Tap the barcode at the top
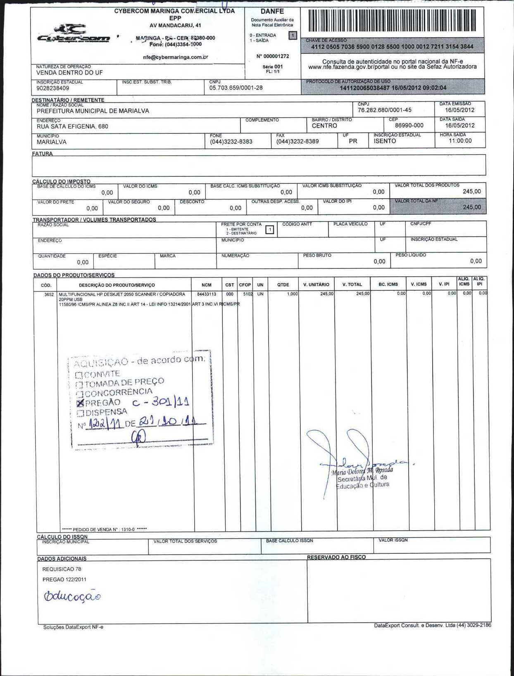tap(392, 21)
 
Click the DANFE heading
tap(272, 11)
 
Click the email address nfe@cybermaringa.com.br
tap(175, 57)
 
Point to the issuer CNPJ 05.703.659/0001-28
tap(236, 88)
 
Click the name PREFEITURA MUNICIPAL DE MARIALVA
tap(93, 111)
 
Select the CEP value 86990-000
tap(409, 125)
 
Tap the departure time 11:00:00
tap(460, 140)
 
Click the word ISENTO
tap(385, 141)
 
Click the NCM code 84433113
tap(207, 294)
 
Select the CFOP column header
tap(245, 285)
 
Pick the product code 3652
tap(49, 294)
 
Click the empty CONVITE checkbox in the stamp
tap(79, 375)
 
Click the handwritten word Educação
tap(72, 595)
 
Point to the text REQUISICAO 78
tap(62, 569)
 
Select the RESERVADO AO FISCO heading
tap(336, 557)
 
